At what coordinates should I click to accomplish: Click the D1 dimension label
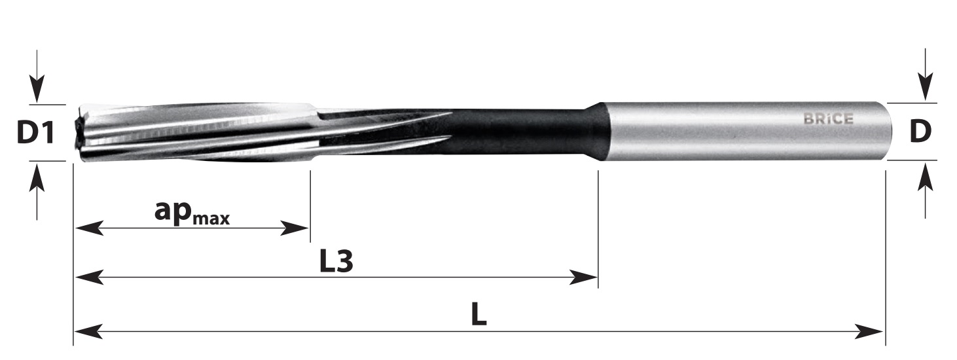pyautogui.click(x=35, y=132)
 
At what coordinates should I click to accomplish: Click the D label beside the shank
pyautogui.click(x=920, y=132)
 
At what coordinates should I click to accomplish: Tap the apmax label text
pyautogui.click(x=192, y=213)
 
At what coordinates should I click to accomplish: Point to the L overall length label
pyautogui.click(x=479, y=315)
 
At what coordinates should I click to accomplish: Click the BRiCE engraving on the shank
pyautogui.click(x=829, y=118)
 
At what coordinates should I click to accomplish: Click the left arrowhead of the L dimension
pyautogui.click(x=88, y=331)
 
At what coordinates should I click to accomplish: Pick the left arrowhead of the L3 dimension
pyautogui.click(x=89, y=277)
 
